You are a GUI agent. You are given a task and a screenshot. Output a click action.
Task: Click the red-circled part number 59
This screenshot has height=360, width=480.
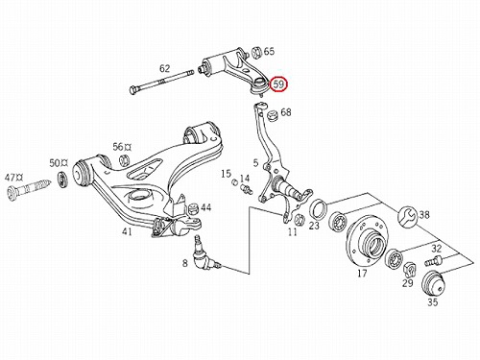pyautogui.click(x=278, y=84)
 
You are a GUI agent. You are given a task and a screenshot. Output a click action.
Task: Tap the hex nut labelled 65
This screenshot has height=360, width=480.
pyautogui.click(x=256, y=52)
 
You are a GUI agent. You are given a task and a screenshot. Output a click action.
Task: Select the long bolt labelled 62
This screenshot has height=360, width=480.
pyautogui.click(x=161, y=82)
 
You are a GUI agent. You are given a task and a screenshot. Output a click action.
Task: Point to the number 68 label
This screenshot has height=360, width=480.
pyautogui.click(x=286, y=112)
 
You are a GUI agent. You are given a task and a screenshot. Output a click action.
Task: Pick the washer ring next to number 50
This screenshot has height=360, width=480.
pyautogui.click(x=62, y=180)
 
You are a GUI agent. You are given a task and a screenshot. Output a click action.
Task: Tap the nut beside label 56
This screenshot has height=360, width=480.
pyautogui.click(x=125, y=159)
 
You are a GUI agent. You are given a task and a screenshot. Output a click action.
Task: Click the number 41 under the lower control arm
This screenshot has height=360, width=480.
pyautogui.click(x=127, y=231)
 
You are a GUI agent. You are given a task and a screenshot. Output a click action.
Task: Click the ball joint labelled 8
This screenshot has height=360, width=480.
pyautogui.click(x=204, y=255)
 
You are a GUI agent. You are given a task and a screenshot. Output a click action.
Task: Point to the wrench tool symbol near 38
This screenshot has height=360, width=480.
pyautogui.click(x=407, y=216)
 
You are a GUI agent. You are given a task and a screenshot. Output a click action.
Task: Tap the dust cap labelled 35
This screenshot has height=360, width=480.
pyautogui.click(x=433, y=283)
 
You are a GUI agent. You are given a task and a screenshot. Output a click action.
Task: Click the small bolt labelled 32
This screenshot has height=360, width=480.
pyautogui.click(x=433, y=260)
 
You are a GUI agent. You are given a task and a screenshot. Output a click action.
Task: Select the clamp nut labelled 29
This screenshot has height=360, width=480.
pyautogui.click(x=409, y=270)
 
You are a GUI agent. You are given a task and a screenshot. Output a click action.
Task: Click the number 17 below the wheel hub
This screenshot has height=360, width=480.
pyautogui.click(x=362, y=274)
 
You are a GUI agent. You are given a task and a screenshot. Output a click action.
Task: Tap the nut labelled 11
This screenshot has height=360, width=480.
pyautogui.click(x=299, y=219)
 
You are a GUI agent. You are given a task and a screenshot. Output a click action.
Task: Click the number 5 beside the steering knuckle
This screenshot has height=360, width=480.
pyautogui.click(x=255, y=163)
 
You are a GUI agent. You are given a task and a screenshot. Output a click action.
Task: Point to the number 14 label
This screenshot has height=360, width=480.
pyautogui.click(x=245, y=179)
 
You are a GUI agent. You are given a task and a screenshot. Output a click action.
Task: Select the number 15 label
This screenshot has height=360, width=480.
pyautogui.click(x=226, y=174)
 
